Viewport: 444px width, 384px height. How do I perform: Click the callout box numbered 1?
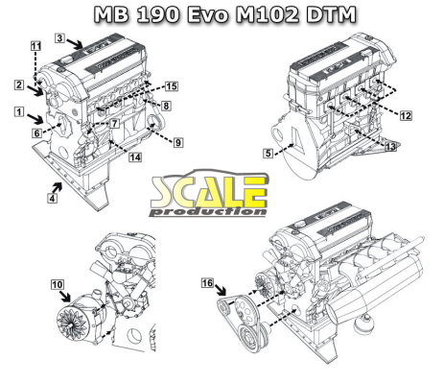(19, 111)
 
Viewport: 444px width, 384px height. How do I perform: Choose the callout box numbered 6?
(36, 133)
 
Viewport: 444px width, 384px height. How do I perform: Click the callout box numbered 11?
(35, 46)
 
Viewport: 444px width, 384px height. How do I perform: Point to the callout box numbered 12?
(406, 115)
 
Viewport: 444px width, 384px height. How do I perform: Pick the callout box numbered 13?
(388, 147)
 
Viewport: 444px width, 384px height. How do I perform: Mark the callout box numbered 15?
(171, 85)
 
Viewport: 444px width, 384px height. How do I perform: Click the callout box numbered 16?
(207, 283)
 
